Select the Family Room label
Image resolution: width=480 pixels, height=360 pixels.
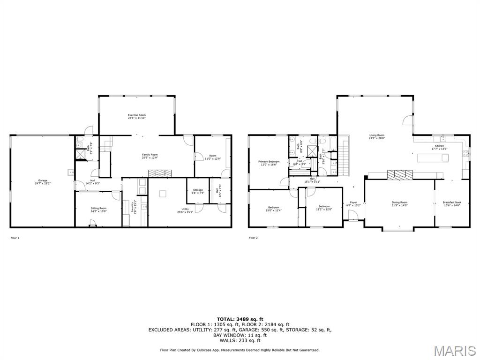point(150,156)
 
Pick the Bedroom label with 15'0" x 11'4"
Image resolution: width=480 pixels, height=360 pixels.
point(274,209)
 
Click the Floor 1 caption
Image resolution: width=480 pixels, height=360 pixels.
point(15,238)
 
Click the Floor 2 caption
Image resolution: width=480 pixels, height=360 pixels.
point(253,238)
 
